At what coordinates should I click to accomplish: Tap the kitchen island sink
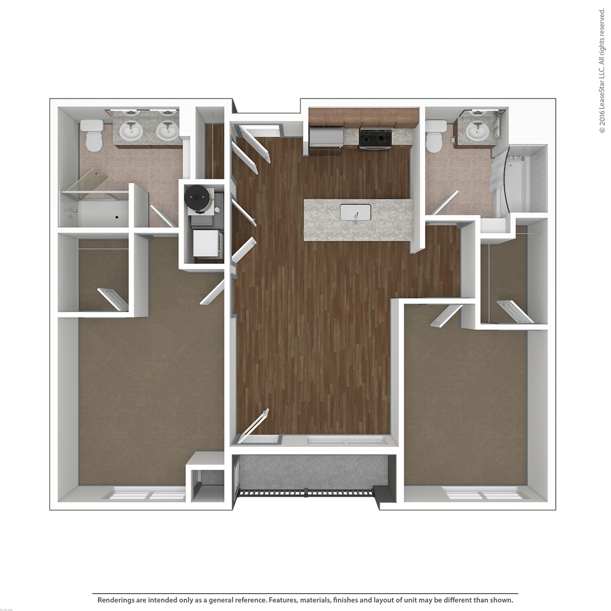(x=355, y=212)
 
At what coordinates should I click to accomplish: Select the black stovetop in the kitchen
(x=375, y=138)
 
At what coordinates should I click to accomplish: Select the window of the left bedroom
(x=149, y=495)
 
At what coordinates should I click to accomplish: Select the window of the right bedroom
(x=484, y=495)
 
